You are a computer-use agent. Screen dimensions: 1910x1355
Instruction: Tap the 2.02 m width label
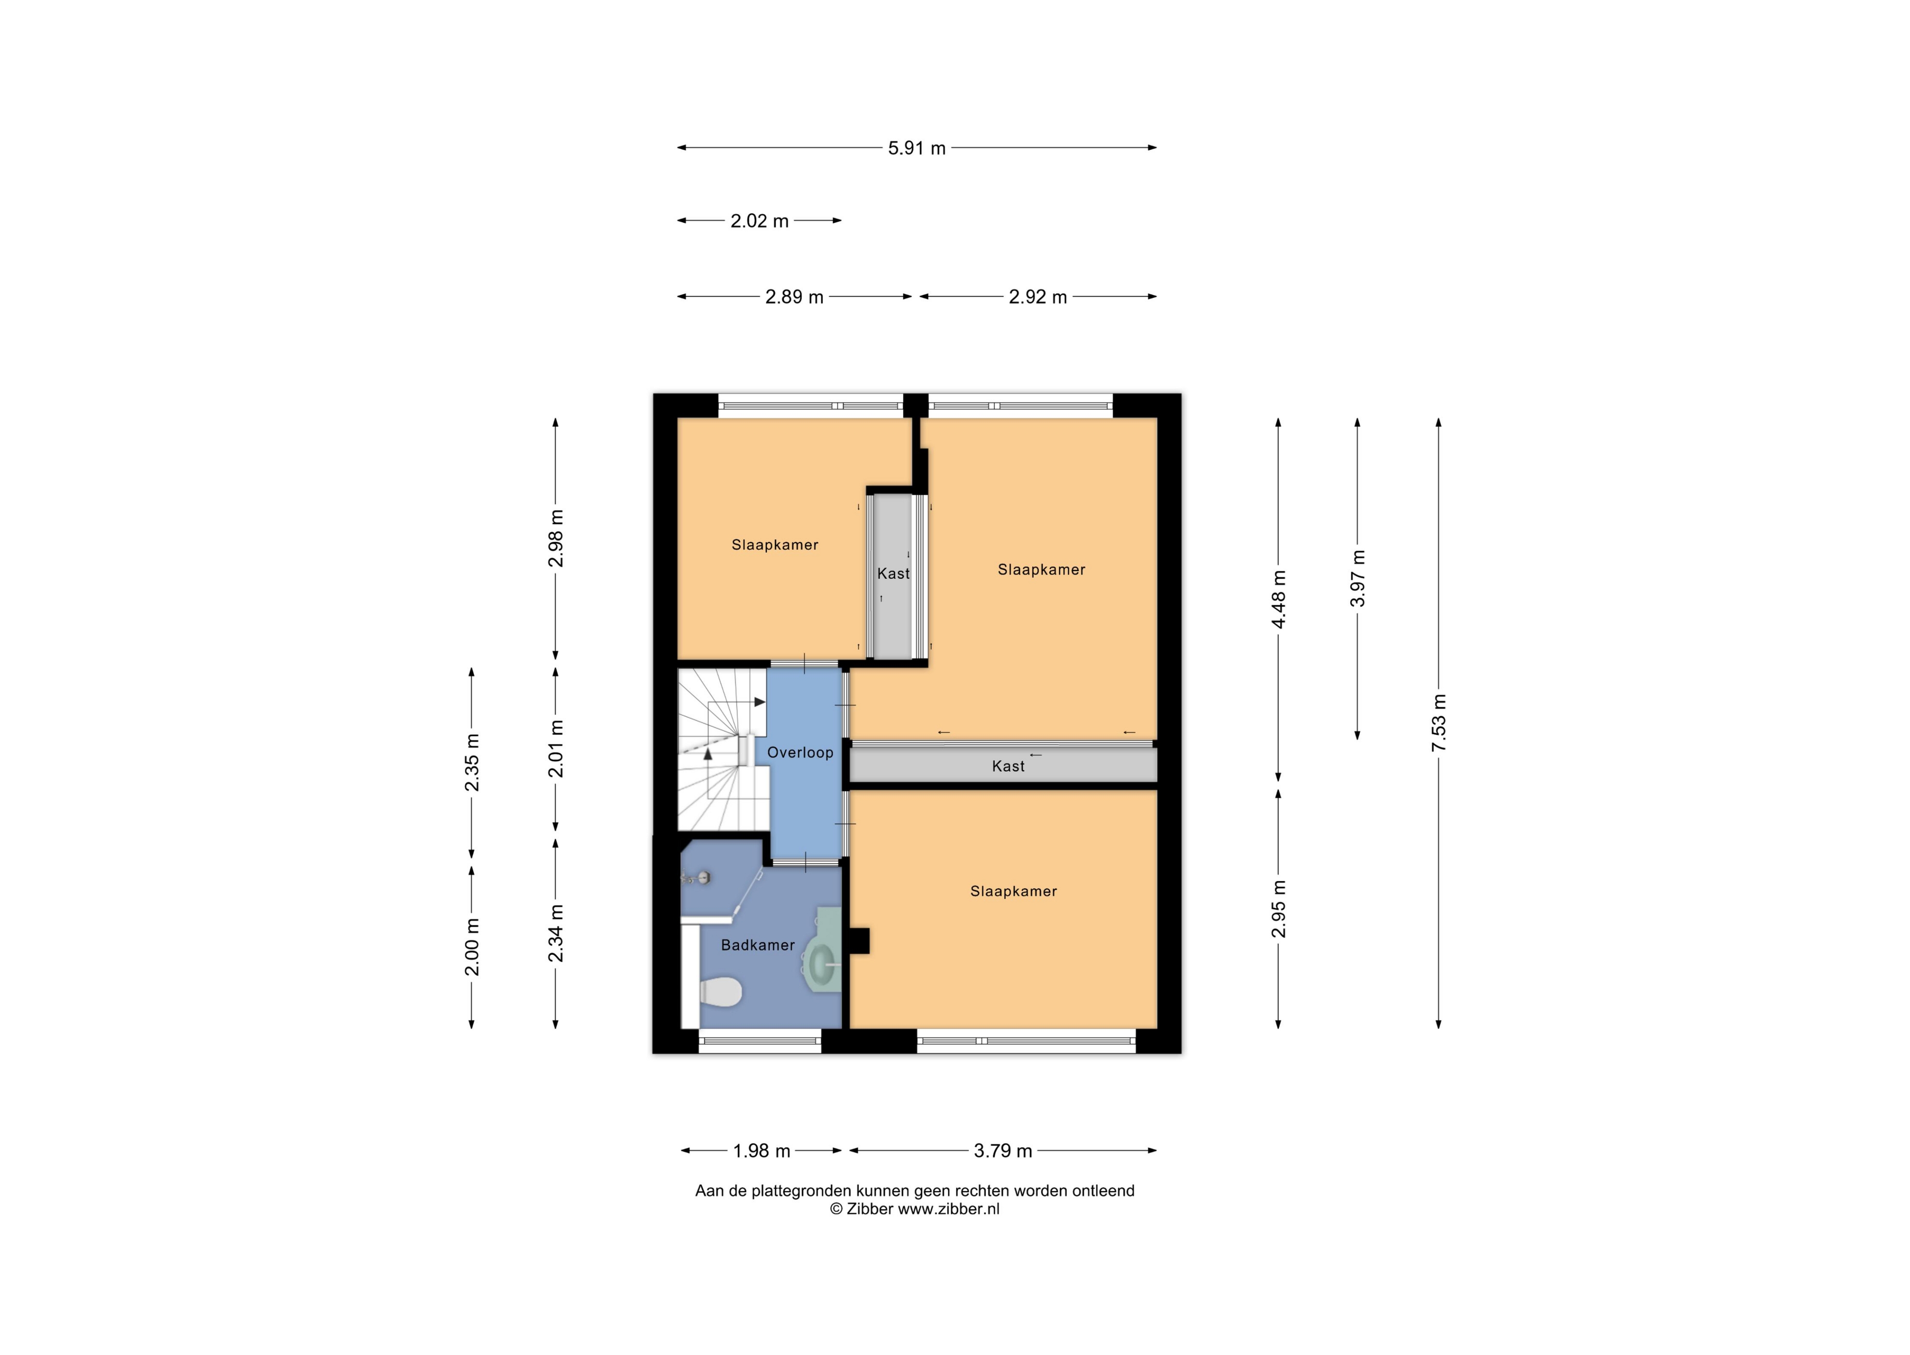(759, 221)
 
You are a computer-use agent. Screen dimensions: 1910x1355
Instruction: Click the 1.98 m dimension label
(761, 1151)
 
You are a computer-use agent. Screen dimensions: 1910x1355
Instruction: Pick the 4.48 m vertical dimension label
(1279, 599)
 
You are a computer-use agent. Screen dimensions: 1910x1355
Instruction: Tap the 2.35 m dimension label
(472, 763)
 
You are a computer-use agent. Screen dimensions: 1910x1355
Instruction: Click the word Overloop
(800, 753)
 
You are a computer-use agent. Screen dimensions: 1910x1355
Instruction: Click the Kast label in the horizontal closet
(1008, 766)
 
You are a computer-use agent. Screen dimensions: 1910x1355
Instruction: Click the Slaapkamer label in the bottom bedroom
(1014, 891)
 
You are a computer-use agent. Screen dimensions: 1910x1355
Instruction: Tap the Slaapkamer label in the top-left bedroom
(775, 545)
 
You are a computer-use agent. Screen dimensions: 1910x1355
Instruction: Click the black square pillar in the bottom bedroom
(859, 941)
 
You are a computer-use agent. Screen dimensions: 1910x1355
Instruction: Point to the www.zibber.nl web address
(948, 1209)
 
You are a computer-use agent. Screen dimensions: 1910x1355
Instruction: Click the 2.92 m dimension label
(1038, 297)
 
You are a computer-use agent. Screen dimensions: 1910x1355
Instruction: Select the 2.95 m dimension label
(1279, 909)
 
